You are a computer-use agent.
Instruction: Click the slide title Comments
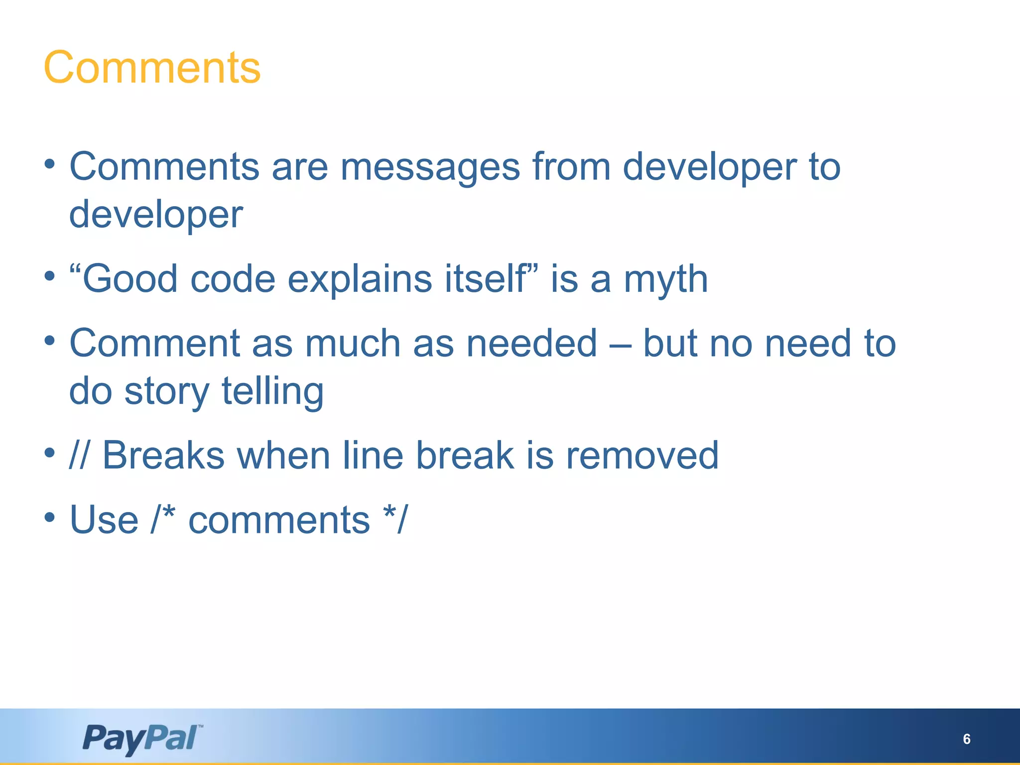coord(152,68)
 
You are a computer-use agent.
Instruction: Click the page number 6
coord(966,739)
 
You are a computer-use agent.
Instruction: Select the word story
coord(166,392)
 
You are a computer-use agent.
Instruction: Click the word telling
coord(272,392)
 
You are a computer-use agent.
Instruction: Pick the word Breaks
coord(163,455)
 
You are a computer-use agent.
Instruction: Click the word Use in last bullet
coord(104,520)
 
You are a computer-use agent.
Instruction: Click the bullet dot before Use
coord(49,517)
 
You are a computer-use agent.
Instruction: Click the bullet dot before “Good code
coord(49,276)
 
